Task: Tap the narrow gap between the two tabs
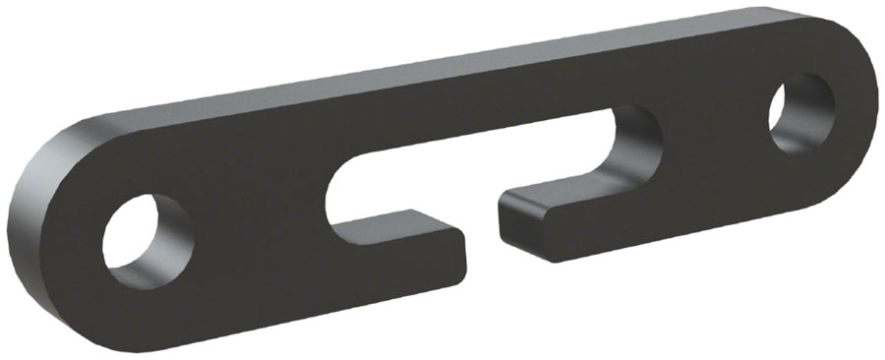[x=482, y=228]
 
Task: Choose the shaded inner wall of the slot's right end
[x=644, y=148]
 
